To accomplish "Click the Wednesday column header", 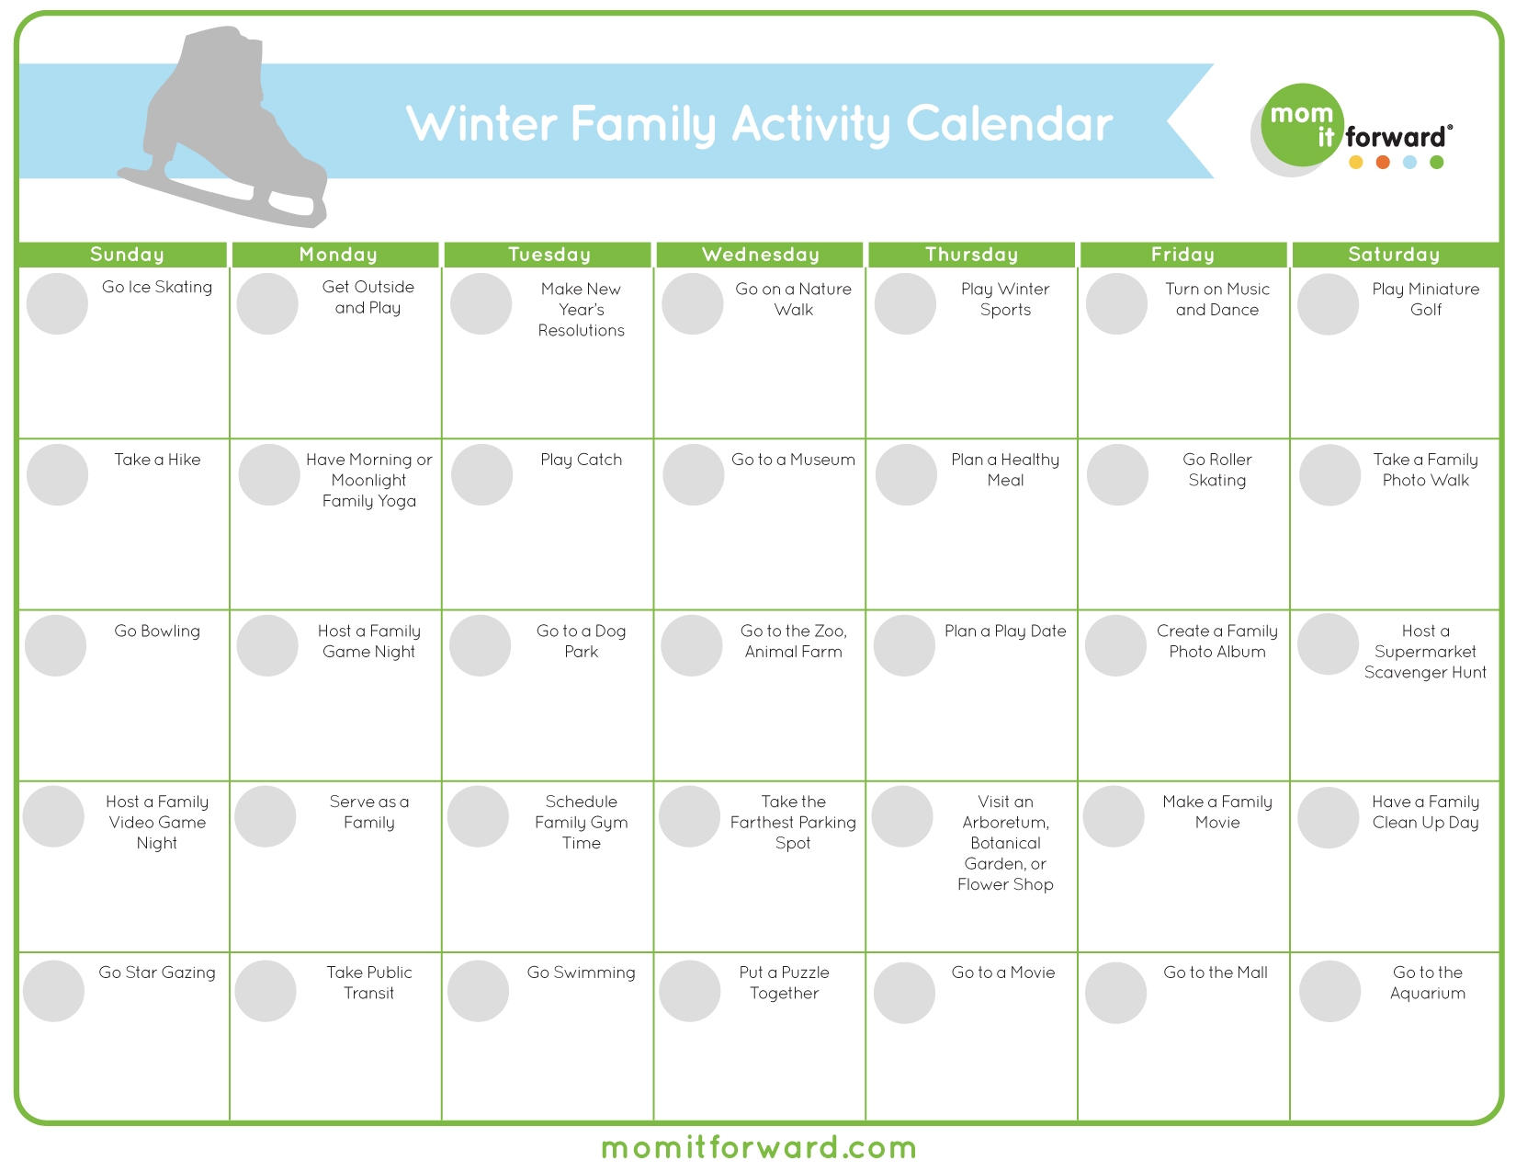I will pyautogui.click(x=760, y=255).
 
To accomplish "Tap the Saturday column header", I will pyautogui.click(x=1394, y=255).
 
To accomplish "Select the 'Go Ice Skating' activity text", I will pyautogui.click(x=157, y=287).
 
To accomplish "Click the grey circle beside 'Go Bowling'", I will pyautogui.click(x=56, y=645).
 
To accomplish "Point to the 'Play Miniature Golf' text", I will pyautogui.click(x=1425, y=299).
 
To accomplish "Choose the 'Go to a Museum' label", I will pyautogui.click(x=793, y=460).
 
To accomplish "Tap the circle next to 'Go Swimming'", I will pyautogui.click(x=478, y=991).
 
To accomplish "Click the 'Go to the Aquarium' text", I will pyautogui.click(x=1427, y=983).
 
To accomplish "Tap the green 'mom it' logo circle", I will pyautogui.click(x=1302, y=125).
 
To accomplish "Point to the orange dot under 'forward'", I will pyautogui.click(x=1383, y=163).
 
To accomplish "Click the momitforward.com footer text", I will pyautogui.click(x=759, y=1148).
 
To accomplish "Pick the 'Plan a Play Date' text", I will pyautogui.click(x=1005, y=632).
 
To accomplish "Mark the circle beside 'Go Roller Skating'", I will pyautogui.click(x=1117, y=474).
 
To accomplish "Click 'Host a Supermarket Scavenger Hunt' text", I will pyautogui.click(x=1425, y=652).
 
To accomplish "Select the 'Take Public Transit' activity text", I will pyautogui.click(x=368, y=983).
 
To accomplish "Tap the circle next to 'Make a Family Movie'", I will pyautogui.click(x=1114, y=816).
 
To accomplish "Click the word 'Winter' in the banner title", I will pyautogui.click(x=481, y=124).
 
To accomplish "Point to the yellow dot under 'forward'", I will pyautogui.click(x=1355, y=163).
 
